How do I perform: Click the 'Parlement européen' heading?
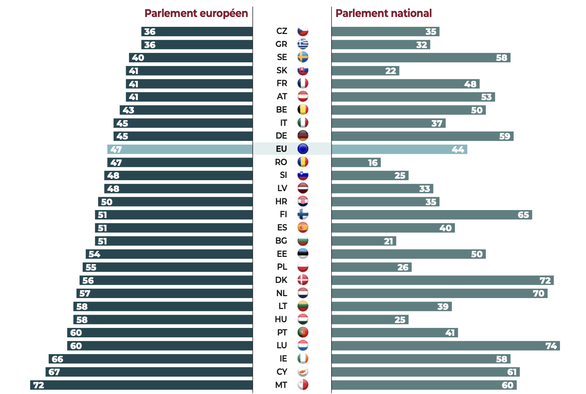click(x=196, y=13)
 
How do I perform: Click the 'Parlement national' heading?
click(x=383, y=13)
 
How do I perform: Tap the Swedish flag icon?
click(x=303, y=57)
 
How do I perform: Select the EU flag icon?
click(x=303, y=149)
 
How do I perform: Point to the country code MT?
click(x=281, y=385)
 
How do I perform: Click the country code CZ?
click(x=282, y=31)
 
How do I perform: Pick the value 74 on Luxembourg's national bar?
click(x=551, y=346)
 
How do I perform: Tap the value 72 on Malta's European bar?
click(x=39, y=385)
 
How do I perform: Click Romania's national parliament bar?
click(x=356, y=162)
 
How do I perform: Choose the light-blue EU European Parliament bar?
click(x=180, y=149)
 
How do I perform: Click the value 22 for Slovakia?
click(x=390, y=71)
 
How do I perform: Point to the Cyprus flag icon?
click(x=303, y=372)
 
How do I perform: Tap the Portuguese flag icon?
click(x=303, y=332)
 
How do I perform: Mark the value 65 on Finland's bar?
click(x=523, y=215)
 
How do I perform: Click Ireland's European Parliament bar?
click(x=150, y=359)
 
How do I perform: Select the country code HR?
click(x=281, y=201)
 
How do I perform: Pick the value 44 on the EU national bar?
click(x=458, y=149)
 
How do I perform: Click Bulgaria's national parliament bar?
click(x=364, y=241)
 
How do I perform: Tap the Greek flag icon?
click(x=303, y=44)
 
